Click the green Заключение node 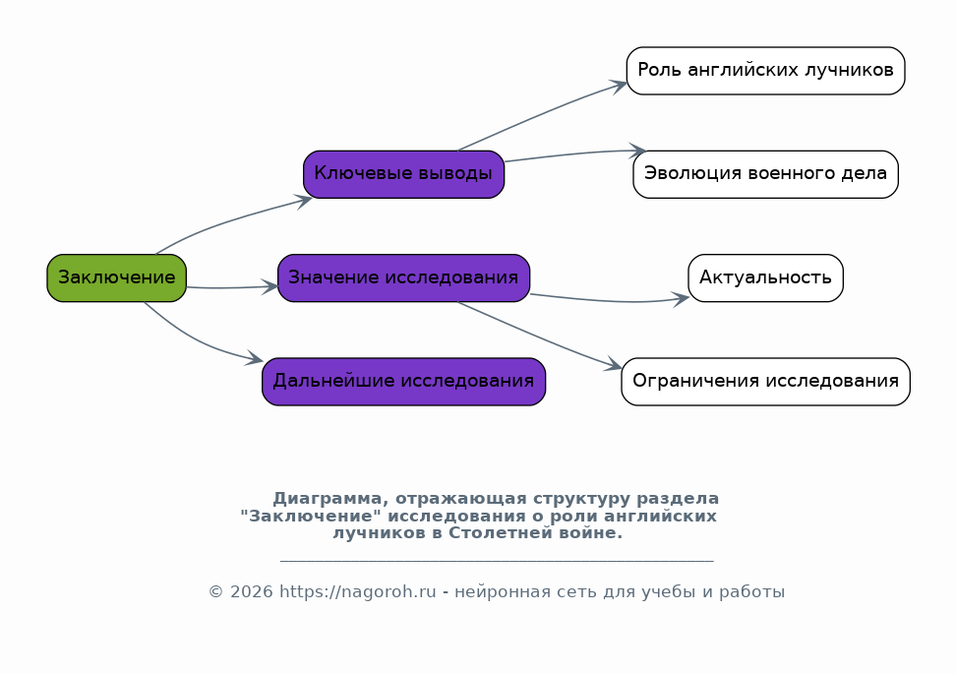pyautogui.click(x=117, y=277)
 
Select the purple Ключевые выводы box pyautogui.click(x=404, y=174)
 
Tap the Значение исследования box pyautogui.click(x=404, y=277)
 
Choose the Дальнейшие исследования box pyautogui.click(x=404, y=382)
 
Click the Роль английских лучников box pyautogui.click(x=766, y=71)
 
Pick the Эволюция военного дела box pyautogui.click(x=766, y=174)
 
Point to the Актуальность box pyautogui.click(x=766, y=277)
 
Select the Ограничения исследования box pyautogui.click(x=766, y=382)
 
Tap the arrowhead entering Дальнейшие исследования pyautogui.click(x=256, y=359)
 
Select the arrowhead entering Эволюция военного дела pyautogui.click(x=638, y=151)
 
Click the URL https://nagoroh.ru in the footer pyautogui.click(x=358, y=592)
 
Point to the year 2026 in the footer pyautogui.click(x=252, y=592)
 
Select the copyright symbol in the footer pyautogui.click(x=216, y=592)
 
